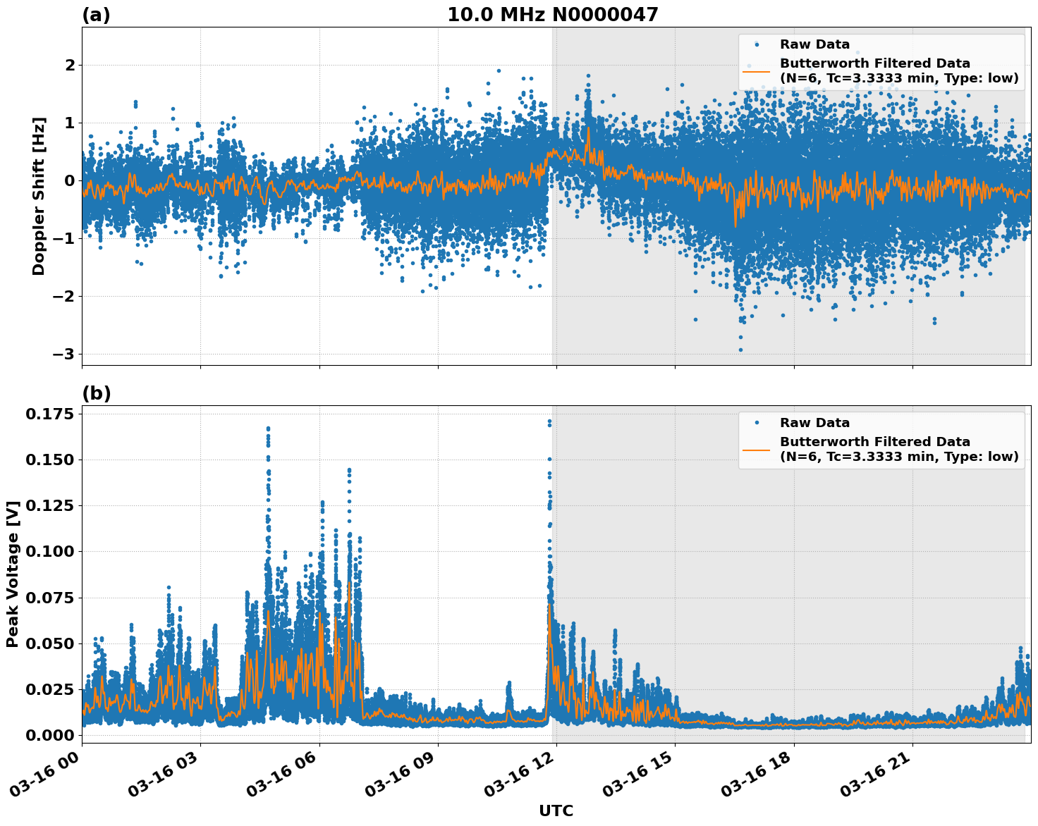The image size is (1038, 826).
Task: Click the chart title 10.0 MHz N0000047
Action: click(552, 15)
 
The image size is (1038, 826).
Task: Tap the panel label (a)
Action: click(96, 15)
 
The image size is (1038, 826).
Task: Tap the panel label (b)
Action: click(96, 393)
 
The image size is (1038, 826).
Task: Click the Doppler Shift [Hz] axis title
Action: click(39, 196)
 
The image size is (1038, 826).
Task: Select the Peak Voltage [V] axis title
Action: click(12, 574)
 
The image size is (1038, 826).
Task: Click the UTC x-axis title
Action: click(556, 810)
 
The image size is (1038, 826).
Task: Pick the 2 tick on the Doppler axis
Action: click(70, 65)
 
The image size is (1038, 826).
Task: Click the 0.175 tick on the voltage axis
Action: click(49, 414)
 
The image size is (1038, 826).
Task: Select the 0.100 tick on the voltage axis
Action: click(49, 551)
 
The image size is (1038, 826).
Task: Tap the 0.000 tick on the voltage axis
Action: click(49, 735)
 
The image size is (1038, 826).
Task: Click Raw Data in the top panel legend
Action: click(814, 44)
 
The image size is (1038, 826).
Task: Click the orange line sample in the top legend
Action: click(756, 70)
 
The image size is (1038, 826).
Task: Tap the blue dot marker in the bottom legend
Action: click(756, 423)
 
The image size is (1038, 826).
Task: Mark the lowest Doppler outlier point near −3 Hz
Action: click(740, 350)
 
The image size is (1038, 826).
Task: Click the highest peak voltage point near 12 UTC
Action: click(549, 421)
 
